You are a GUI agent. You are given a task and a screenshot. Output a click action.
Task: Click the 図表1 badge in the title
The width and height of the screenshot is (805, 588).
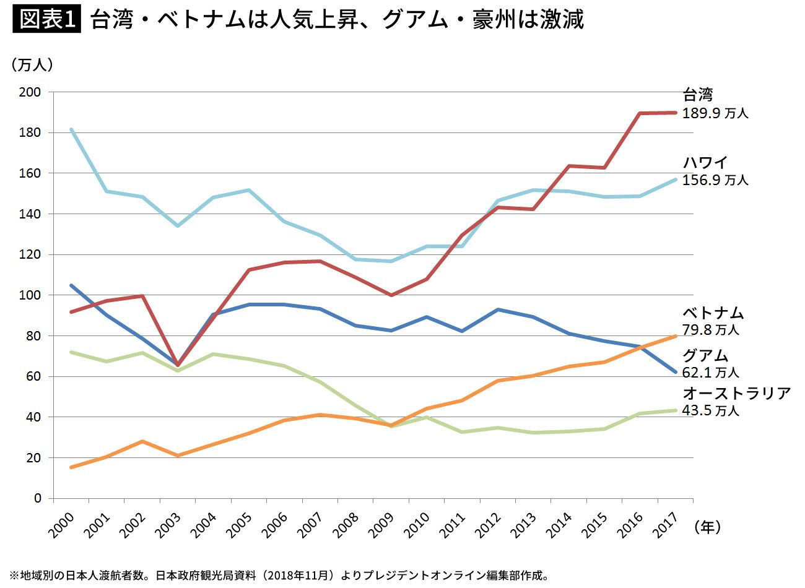coord(47,20)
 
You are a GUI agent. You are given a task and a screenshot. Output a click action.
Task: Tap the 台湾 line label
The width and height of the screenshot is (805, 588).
coord(698,95)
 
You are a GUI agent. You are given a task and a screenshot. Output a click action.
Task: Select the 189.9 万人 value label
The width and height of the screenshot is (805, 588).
coord(715,113)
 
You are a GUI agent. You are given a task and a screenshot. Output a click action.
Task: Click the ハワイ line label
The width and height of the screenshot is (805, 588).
coord(705,162)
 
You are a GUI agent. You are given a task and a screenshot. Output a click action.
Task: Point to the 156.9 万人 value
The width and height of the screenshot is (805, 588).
coord(715,180)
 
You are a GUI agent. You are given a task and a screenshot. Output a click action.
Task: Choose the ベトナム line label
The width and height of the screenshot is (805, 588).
coord(713,313)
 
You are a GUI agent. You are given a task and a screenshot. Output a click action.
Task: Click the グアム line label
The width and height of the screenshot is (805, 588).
coord(705,355)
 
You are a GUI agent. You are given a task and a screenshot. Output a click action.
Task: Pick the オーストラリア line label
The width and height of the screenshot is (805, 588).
coord(736,393)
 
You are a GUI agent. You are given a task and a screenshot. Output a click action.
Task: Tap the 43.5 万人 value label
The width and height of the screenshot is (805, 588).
coord(711,410)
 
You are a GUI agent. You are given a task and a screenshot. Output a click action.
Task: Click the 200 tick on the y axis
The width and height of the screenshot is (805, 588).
coord(31,92)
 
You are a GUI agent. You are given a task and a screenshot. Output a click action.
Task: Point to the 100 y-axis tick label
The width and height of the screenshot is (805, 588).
coord(31,295)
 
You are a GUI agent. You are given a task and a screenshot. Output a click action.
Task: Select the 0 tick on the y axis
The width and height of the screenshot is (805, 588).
coord(38,498)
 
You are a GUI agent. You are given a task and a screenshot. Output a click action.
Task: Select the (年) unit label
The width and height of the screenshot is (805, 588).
coord(707,527)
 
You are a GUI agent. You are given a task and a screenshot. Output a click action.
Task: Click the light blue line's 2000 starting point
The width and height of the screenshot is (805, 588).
coord(72,129)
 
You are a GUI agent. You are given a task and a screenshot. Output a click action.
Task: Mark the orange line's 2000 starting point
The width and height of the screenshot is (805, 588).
coord(72,467)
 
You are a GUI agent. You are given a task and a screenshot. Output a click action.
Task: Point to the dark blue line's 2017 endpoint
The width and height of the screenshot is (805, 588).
coord(676,372)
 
